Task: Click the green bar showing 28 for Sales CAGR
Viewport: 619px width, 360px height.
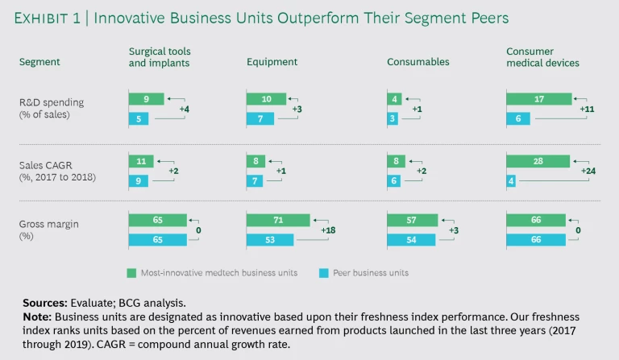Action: (538, 161)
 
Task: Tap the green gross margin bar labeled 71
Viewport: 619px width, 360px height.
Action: (278, 220)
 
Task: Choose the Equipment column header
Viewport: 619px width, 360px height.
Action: (272, 61)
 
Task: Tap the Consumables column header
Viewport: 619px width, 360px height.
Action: (417, 61)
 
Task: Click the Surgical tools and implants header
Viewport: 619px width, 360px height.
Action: (160, 56)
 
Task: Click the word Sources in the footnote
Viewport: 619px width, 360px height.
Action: (48, 303)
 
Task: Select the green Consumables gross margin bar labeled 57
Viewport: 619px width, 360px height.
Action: (409, 220)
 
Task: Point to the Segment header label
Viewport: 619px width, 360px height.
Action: (40, 61)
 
